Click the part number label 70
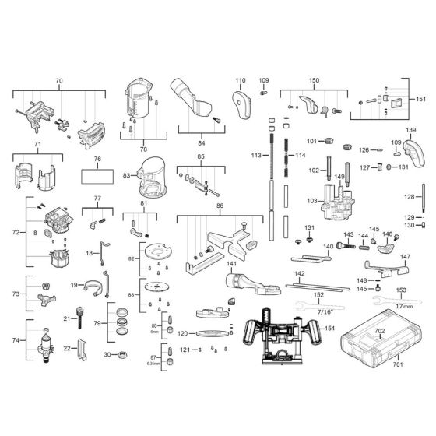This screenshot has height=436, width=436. (58, 81)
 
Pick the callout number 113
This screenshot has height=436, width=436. (255, 156)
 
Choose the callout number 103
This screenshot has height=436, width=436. (312, 201)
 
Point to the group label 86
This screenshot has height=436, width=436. (219, 207)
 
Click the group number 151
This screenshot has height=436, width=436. (421, 99)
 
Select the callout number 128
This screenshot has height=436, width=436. (420, 197)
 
